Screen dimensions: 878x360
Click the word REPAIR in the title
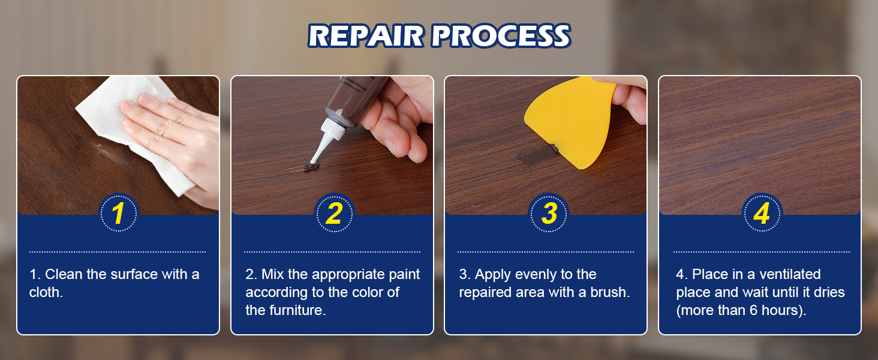click(366, 35)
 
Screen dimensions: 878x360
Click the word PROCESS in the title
click(501, 35)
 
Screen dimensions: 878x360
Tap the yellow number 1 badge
click(118, 213)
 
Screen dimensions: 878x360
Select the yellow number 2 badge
click(334, 213)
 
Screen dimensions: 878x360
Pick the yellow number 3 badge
click(549, 213)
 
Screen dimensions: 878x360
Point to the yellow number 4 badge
click(762, 213)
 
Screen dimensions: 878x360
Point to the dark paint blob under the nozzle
click(312, 168)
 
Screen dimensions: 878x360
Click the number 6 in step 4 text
click(753, 310)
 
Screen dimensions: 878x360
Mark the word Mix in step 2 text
click(273, 274)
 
